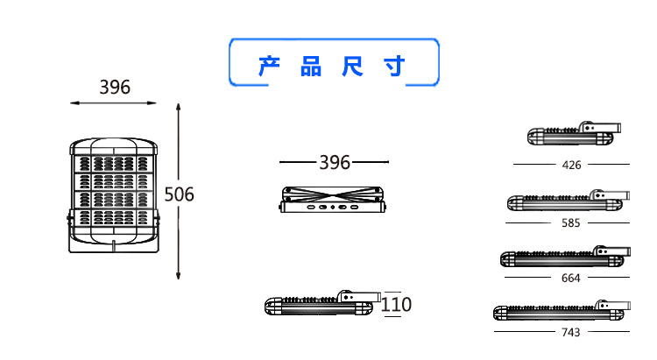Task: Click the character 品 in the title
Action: click(x=311, y=67)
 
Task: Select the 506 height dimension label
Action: click(x=179, y=194)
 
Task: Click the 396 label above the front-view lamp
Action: click(x=115, y=88)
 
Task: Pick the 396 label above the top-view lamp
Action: click(x=334, y=163)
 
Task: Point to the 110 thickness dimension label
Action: click(x=396, y=305)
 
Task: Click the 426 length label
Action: click(x=571, y=165)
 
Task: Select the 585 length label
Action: click(x=571, y=223)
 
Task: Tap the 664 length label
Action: click(x=571, y=279)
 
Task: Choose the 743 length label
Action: click(x=571, y=333)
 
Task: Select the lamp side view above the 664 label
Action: click(x=564, y=258)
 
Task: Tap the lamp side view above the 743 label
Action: click(x=561, y=313)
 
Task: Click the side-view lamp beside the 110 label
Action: click(x=321, y=305)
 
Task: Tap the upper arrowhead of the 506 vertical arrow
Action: click(x=179, y=107)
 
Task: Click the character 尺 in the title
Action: click(x=352, y=67)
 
